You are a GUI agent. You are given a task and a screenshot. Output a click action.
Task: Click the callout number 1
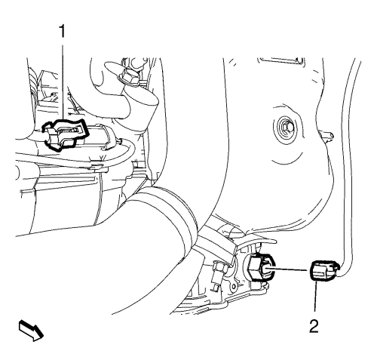click(62, 32)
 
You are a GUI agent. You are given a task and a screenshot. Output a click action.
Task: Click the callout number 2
click(314, 326)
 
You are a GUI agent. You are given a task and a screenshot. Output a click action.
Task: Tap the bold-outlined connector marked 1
click(66, 135)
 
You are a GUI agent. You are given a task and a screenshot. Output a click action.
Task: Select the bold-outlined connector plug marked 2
click(323, 270)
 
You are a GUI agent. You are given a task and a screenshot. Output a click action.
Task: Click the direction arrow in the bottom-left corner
click(31, 331)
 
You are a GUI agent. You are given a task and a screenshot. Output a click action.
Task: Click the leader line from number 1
click(62, 81)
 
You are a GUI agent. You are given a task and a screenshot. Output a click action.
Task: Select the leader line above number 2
click(314, 300)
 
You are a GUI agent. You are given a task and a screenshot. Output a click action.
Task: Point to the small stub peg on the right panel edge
click(327, 134)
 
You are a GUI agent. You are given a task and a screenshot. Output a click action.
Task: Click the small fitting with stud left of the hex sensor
click(218, 273)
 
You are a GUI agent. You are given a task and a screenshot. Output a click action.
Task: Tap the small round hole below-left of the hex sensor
click(234, 287)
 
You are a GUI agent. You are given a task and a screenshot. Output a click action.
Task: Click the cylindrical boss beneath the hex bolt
click(141, 106)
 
